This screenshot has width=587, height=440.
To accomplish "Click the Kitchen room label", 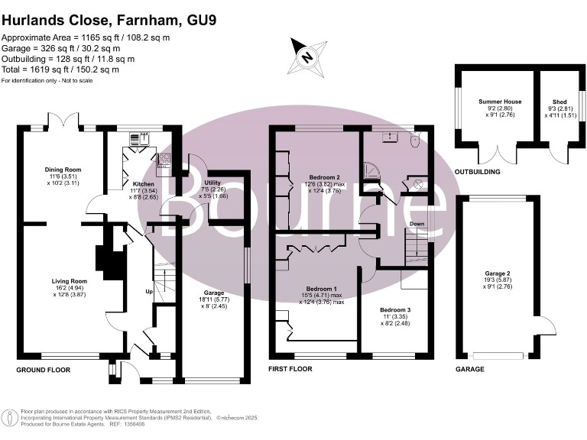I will (x=143, y=184).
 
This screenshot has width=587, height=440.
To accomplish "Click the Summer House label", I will (x=500, y=102).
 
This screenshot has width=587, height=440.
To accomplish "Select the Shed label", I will (x=560, y=102).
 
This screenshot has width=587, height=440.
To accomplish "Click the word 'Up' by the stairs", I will (x=149, y=292).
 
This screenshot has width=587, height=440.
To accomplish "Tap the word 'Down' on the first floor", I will (x=417, y=225).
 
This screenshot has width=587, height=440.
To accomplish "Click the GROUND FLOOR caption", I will (x=44, y=370).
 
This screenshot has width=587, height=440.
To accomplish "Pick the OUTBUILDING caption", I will (x=478, y=172).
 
